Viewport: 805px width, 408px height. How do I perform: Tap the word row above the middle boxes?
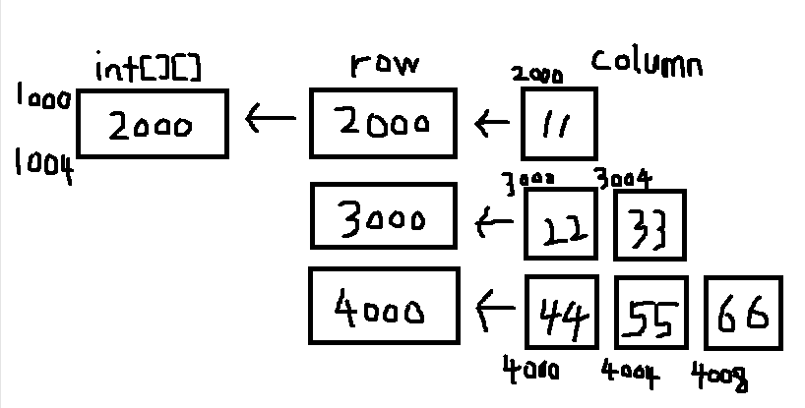pos(384,66)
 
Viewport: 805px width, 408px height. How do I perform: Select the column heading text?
pos(647,62)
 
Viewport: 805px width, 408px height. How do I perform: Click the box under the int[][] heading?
pos(153,124)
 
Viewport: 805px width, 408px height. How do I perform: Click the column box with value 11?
pos(558,124)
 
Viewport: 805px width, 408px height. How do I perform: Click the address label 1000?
pos(42,96)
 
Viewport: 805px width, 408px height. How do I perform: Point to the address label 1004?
pos(43,165)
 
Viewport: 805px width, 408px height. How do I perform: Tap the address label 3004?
pos(624,178)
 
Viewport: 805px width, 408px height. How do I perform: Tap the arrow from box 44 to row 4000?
pos(495,312)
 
